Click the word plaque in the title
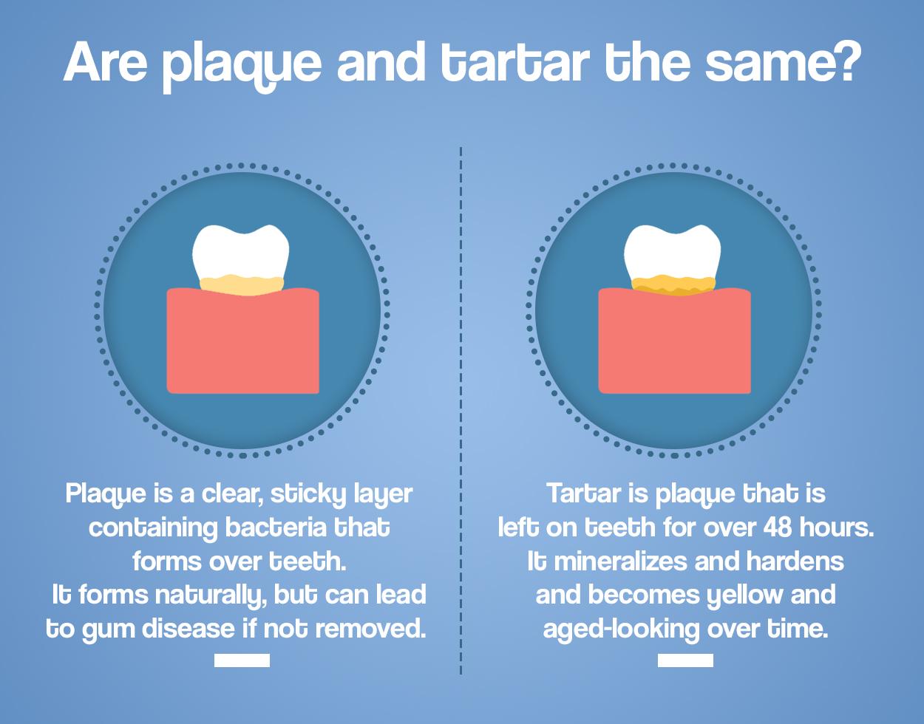pyautogui.click(x=242, y=66)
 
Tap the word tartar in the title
pyautogui.click(x=515, y=61)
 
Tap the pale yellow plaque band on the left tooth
pyautogui.click(x=242, y=284)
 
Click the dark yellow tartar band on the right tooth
pyautogui.click(x=673, y=285)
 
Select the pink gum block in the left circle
pyautogui.click(x=242, y=341)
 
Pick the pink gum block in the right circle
pyautogui.click(x=675, y=341)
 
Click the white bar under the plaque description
pyautogui.click(x=242, y=660)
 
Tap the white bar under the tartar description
pyautogui.click(x=685, y=660)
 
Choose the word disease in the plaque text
pyautogui.click(x=188, y=629)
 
